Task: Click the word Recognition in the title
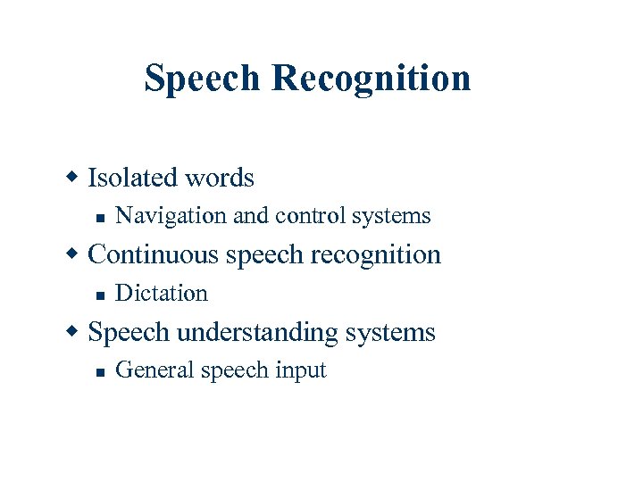372,79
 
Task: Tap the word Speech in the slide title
205,79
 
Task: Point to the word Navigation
171,216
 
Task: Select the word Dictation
162,293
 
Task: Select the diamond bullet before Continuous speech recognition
76,254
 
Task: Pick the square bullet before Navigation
101,218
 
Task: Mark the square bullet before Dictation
101,295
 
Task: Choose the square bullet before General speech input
101,372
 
